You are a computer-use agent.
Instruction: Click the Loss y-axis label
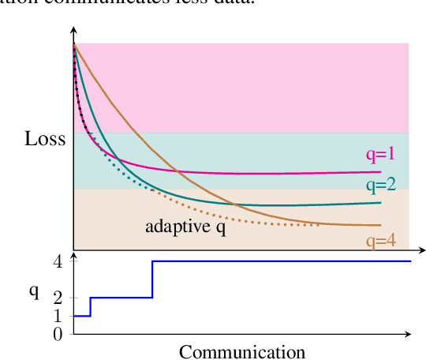pos(44,140)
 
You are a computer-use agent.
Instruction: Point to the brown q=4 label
pos(380,241)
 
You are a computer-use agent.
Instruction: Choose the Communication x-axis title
pos(241,351)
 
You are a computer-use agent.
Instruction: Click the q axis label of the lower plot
pos(34,291)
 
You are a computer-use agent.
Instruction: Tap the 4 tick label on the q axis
pos(58,261)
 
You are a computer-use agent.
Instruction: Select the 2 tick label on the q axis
pos(58,298)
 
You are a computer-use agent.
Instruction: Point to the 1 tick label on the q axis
pos(58,316)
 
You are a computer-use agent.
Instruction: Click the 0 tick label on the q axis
pos(58,334)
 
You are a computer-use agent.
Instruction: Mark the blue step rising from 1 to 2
pos(91,307)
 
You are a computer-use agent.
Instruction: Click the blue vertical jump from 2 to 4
pos(152,279)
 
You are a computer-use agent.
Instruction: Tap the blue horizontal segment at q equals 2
pos(121,298)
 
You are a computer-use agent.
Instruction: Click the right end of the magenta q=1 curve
pos(380,171)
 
